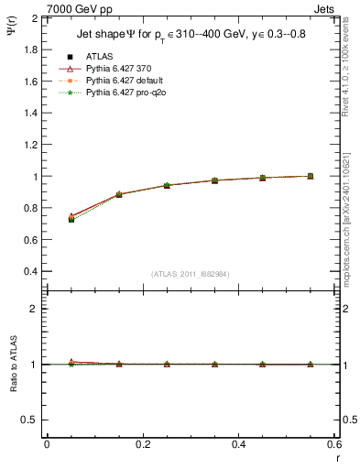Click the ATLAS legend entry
coord(96,56)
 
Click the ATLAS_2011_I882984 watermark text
coord(190,275)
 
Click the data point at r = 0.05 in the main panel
coord(71,220)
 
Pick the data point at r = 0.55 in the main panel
coord(310,176)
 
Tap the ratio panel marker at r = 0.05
coord(71,363)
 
